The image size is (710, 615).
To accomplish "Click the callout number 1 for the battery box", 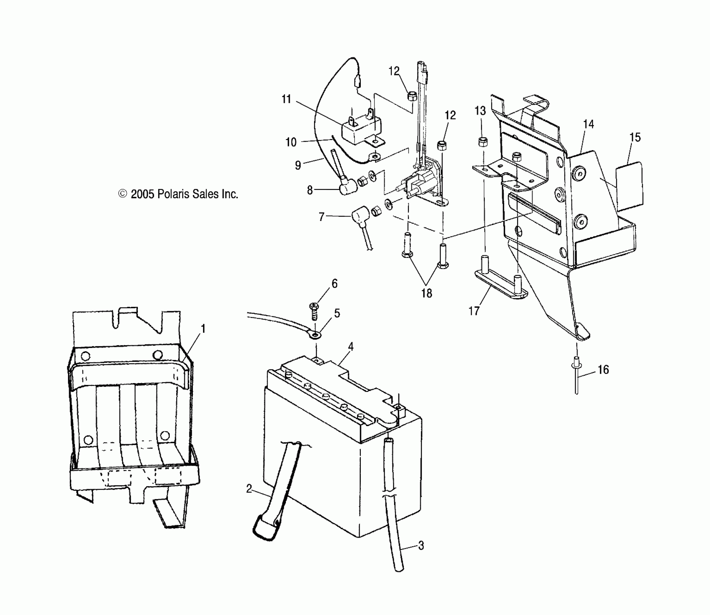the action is tap(203, 329).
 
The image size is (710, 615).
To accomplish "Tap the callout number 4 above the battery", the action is tap(350, 347).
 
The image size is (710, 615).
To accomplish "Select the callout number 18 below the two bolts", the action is tap(427, 293).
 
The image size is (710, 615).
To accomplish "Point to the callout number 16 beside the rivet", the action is tap(603, 369).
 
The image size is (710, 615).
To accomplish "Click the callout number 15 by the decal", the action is tap(635, 137).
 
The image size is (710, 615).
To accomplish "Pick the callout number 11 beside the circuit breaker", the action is tap(286, 99).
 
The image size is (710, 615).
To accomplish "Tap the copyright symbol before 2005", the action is tap(123, 194).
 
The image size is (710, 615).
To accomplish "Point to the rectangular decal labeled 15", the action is tap(629, 186).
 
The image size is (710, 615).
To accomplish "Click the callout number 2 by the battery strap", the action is tap(249, 489).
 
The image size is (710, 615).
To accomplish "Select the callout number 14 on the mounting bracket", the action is tap(589, 124).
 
